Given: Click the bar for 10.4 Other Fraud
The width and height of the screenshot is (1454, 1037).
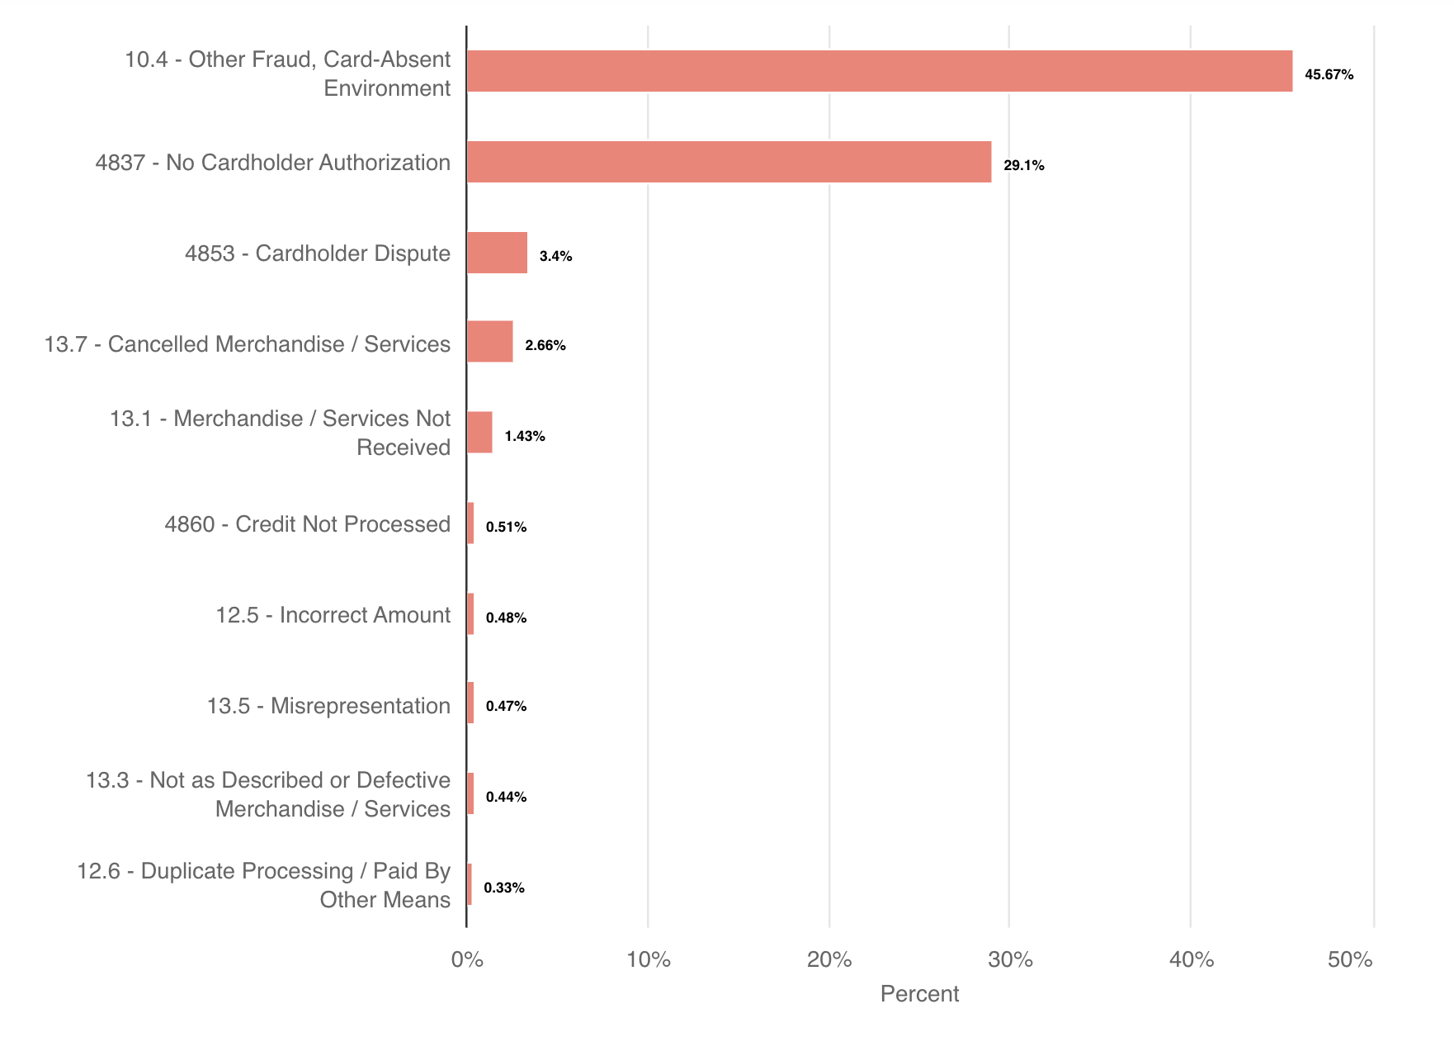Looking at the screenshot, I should tap(879, 71).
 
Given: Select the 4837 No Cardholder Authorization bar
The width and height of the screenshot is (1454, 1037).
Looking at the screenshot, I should tap(729, 162).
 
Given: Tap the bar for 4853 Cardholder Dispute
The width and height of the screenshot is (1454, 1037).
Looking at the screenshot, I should tap(497, 253).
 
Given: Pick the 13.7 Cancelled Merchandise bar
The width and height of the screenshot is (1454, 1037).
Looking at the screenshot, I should tap(489, 342).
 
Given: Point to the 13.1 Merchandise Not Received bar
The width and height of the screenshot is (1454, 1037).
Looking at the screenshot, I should tap(479, 433).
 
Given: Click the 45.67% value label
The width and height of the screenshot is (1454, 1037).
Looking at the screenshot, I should tap(1329, 75).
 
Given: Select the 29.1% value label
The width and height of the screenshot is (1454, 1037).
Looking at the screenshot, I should tap(1023, 166).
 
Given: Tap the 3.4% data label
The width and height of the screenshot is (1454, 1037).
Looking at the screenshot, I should tap(555, 257).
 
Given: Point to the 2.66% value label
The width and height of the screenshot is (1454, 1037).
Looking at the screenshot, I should tap(545, 346).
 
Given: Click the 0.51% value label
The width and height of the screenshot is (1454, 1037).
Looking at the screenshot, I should tap(506, 528).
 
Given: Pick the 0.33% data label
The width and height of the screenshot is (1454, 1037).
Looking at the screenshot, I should tap(503, 888).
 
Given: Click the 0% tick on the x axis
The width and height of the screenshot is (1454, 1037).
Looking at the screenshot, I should tap(467, 960).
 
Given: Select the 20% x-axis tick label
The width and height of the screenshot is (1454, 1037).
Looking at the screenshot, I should tap(828, 960).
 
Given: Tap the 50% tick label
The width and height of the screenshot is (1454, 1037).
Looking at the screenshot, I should tap(1350, 960).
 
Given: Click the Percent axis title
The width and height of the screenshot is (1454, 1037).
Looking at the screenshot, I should tap(919, 994).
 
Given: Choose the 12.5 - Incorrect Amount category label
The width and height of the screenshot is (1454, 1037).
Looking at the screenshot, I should tap(333, 615).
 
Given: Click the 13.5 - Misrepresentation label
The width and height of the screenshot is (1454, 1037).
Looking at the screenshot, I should tap(328, 706).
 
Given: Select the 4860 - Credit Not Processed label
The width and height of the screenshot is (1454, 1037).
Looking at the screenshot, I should tap(307, 524).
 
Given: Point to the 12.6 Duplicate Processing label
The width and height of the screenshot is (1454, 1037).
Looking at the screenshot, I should tap(263, 885).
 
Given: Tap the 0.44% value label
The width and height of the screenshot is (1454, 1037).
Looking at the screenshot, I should tap(506, 798).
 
